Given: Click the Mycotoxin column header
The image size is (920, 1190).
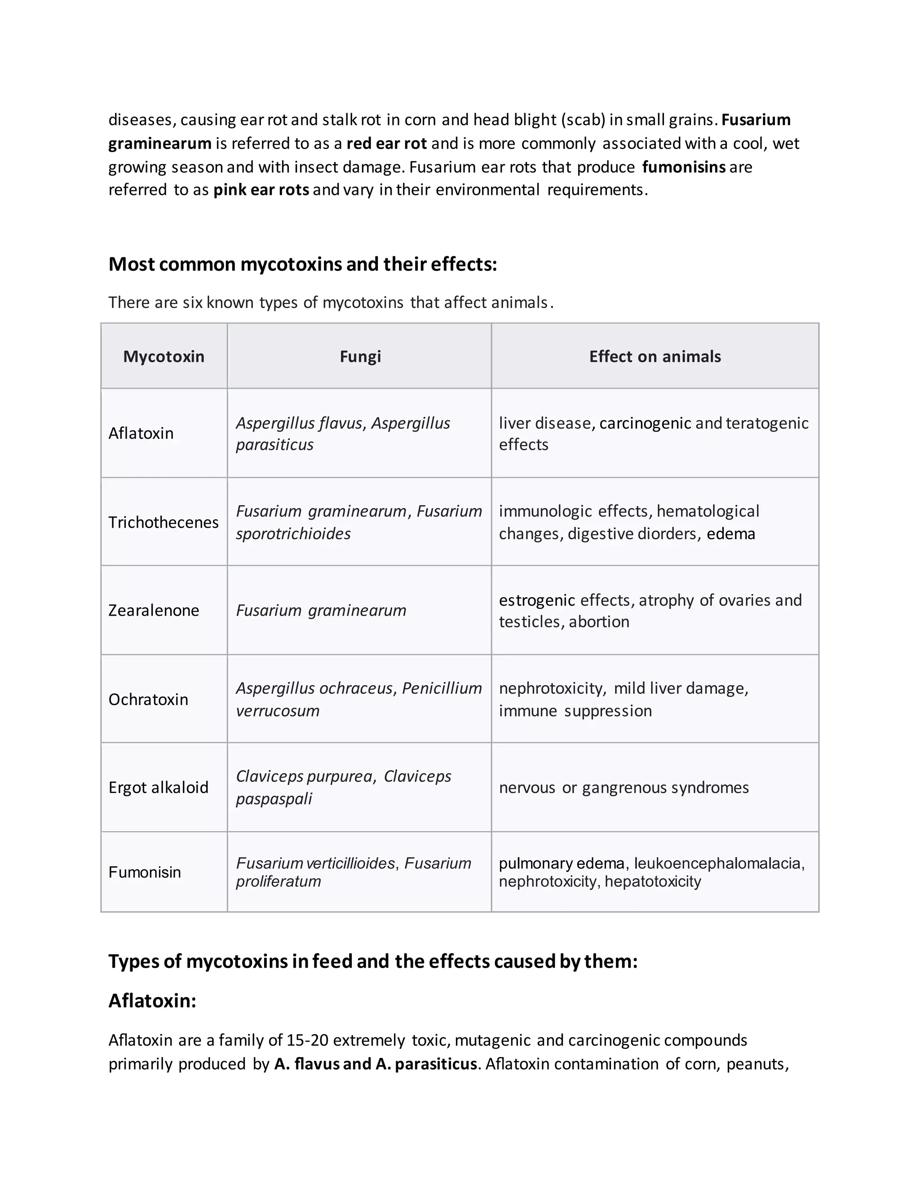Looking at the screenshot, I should click(164, 357).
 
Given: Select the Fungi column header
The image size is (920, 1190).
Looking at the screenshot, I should click(360, 357).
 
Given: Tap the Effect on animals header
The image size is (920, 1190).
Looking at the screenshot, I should click(655, 357).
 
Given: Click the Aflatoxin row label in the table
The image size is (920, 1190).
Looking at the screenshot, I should click(141, 433).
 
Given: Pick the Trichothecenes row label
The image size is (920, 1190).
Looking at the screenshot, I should click(163, 522).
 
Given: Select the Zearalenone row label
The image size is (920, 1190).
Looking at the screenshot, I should click(154, 610).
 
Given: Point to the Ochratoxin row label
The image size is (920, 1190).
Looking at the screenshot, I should click(148, 699).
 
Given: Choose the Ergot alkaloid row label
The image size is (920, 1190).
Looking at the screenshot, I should click(158, 787).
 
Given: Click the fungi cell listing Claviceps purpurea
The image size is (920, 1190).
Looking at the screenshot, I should click(343, 787).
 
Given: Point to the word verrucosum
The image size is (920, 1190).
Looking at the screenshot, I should click(278, 710).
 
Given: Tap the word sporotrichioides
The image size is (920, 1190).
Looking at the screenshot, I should click(293, 533).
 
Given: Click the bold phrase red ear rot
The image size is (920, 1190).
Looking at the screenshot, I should click(386, 143).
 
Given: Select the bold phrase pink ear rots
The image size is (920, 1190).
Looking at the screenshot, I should click(261, 190).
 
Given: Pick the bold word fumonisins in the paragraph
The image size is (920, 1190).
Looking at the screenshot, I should click(683, 167).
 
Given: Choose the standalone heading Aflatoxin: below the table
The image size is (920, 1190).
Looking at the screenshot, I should click(152, 1000).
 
